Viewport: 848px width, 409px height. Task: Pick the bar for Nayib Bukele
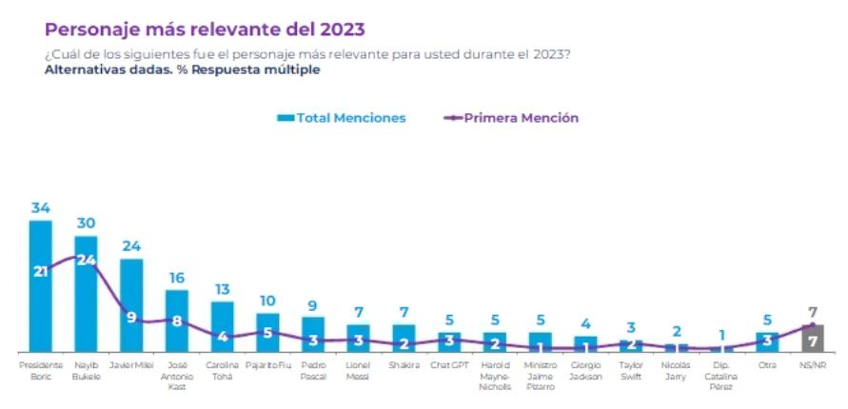(86, 304)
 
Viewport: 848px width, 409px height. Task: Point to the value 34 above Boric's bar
(40, 208)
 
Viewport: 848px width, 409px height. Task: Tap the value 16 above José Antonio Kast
(177, 278)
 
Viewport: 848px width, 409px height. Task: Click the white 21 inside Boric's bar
(41, 271)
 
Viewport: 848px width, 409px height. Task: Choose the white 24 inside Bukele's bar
(86, 260)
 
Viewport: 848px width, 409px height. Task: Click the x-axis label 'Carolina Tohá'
(222, 370)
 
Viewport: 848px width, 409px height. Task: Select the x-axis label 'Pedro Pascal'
(313, 370)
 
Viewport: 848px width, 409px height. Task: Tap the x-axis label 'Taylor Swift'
(630, 370)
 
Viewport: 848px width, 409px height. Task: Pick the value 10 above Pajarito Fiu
(267, 301)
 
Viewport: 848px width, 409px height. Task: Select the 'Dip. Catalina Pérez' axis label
(721, 376)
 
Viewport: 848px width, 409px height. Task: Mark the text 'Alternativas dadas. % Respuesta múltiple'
(182, 69)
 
